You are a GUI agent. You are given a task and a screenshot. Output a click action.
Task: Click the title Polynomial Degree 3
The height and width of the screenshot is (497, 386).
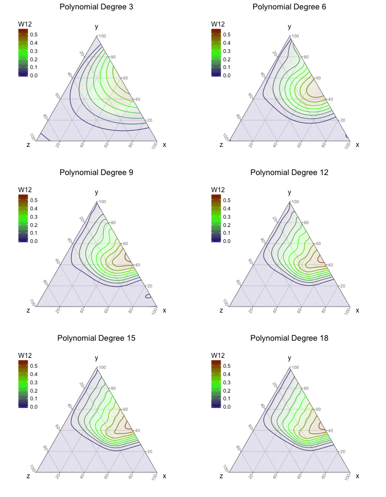click(96, 7)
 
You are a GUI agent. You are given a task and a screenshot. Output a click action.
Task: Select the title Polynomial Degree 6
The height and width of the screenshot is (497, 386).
click(289, 7)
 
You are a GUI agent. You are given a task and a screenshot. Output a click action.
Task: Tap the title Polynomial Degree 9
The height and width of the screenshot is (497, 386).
click(96, 172)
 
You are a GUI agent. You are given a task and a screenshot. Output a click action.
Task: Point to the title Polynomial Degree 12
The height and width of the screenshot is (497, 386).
click(289, 172)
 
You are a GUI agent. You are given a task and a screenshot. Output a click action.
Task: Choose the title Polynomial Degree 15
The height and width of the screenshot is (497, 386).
click(96, 338)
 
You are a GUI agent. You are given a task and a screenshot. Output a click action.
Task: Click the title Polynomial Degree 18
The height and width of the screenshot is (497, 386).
click(289, 338)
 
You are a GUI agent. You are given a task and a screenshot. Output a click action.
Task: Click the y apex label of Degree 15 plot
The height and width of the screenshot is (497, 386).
click(96, 358)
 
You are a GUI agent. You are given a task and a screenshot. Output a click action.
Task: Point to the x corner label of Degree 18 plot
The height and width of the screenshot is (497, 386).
click(357, 476)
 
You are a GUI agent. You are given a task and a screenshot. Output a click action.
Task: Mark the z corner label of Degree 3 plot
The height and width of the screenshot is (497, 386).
click(28, 145)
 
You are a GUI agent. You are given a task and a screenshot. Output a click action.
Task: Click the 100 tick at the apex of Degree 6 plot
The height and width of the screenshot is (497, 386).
click(295, 36)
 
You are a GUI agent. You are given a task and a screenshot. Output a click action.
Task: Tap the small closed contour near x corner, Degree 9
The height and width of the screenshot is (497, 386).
click(148, 297)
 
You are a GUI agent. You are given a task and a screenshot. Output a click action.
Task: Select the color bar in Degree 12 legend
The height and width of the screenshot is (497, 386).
click(216, 218)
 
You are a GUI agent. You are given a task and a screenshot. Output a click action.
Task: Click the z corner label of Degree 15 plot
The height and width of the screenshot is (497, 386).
click(28, 476)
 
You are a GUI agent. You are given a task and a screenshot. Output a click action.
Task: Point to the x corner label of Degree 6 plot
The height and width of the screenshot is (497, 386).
click(357, 145)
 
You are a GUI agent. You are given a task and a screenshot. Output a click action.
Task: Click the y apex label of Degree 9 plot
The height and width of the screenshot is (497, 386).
click(96, 192)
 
